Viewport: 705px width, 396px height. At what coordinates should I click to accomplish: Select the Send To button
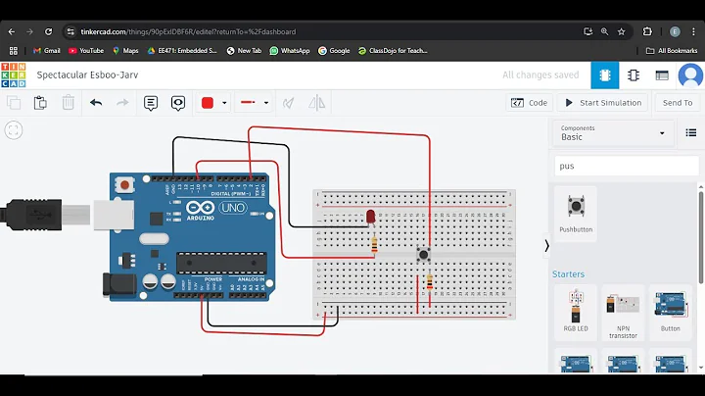(677, 103)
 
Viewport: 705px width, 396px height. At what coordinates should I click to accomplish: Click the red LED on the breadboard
(371, 216)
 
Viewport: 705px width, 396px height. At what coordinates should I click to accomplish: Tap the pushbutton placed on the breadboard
(423, 254)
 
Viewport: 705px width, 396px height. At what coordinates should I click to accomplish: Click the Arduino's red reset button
(124, 184)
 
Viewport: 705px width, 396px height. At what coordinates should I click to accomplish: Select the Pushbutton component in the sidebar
(576, 207)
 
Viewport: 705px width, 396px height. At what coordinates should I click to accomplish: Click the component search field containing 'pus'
(627, 166)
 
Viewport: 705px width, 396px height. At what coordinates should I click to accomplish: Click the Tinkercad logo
(14, 74)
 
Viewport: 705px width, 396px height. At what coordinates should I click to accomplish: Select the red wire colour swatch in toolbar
(208, 103)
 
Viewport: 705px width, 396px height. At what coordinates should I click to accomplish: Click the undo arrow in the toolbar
(96, 103)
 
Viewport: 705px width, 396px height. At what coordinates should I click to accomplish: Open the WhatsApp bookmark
(290, 50)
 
